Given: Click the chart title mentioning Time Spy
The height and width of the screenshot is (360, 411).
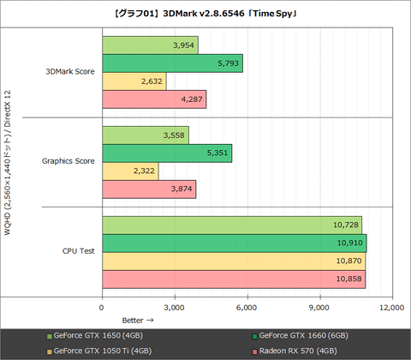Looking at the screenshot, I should pos(205,13).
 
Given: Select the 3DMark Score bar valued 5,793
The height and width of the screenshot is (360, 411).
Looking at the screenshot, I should pos(172,63).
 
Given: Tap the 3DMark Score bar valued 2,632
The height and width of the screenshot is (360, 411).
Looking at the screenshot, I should pos(134,81).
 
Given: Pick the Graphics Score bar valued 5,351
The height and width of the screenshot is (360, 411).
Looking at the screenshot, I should pos(167,153).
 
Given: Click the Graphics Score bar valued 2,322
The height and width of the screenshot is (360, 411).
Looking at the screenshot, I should pos(130,171).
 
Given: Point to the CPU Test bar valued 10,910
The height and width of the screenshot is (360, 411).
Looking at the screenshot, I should pos(234,243).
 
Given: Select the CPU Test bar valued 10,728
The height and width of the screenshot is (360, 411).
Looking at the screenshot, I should pos(231,225).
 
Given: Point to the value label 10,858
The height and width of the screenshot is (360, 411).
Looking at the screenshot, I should pos(347,279).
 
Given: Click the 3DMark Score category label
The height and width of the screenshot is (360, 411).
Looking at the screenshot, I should pos(70,72).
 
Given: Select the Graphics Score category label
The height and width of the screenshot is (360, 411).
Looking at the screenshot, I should pos(68,162).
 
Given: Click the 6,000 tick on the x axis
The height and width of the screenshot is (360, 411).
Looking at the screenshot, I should pos(247,306).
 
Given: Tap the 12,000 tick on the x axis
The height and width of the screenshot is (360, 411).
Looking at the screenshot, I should pos(391,306).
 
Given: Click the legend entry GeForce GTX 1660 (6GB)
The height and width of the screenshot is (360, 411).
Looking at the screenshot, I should pos(301,335).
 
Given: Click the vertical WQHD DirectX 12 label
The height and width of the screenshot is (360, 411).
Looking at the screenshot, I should pos(9,161).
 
